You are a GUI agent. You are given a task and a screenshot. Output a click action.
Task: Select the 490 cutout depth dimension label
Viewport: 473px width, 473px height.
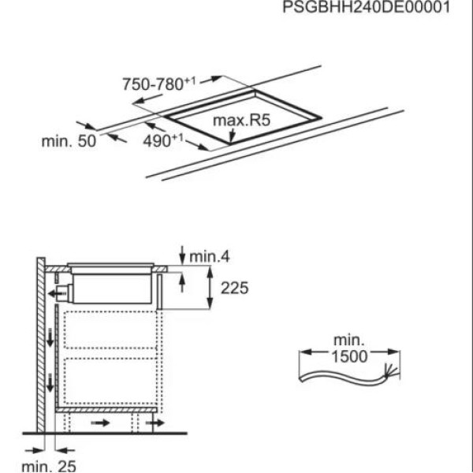[x=162, y=140]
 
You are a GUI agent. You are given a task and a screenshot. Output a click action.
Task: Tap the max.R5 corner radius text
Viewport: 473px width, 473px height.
[x=242, y=121]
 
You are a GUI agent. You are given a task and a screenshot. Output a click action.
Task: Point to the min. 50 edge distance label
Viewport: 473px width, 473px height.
[x=68, y=141]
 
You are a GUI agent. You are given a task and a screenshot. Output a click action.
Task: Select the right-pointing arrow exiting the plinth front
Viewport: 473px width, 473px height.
[x=155, y=424]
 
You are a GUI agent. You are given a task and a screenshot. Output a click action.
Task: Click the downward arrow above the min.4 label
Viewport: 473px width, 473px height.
[x=182, y=254]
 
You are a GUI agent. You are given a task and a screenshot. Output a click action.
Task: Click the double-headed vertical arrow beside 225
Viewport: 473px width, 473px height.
[x=211, y=289]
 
